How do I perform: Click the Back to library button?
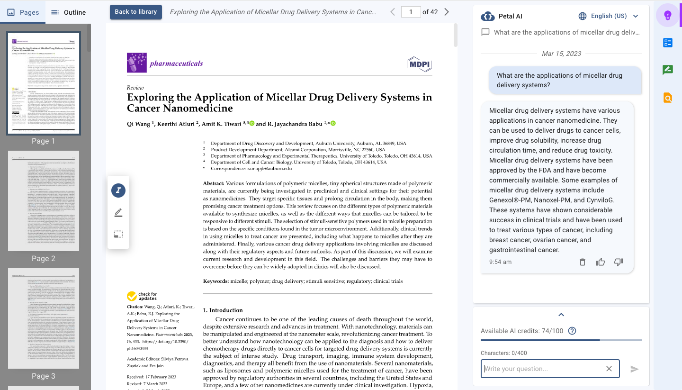(135, 12)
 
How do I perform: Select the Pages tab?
(23, 12)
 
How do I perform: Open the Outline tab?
(68, 12)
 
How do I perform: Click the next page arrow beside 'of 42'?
(447, 12)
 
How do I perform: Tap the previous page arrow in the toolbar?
(393, 12)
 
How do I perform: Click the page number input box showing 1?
(411, 12)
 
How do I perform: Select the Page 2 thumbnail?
(44, 201)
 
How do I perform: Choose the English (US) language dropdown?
(609, 16)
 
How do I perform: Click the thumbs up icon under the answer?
(601, 262)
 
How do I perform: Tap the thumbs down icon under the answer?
(619, 262)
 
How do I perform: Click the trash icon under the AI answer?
(583, 262)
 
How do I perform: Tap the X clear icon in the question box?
(609, 369)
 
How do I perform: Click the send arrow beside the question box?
(635, 369)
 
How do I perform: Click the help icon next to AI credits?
(572, 331)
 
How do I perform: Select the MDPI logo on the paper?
(420, 64)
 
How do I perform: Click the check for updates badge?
(142, 296)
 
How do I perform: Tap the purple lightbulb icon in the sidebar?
(668, 16)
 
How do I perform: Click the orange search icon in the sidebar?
(668, 98)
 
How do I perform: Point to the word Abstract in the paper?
(214, 183)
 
